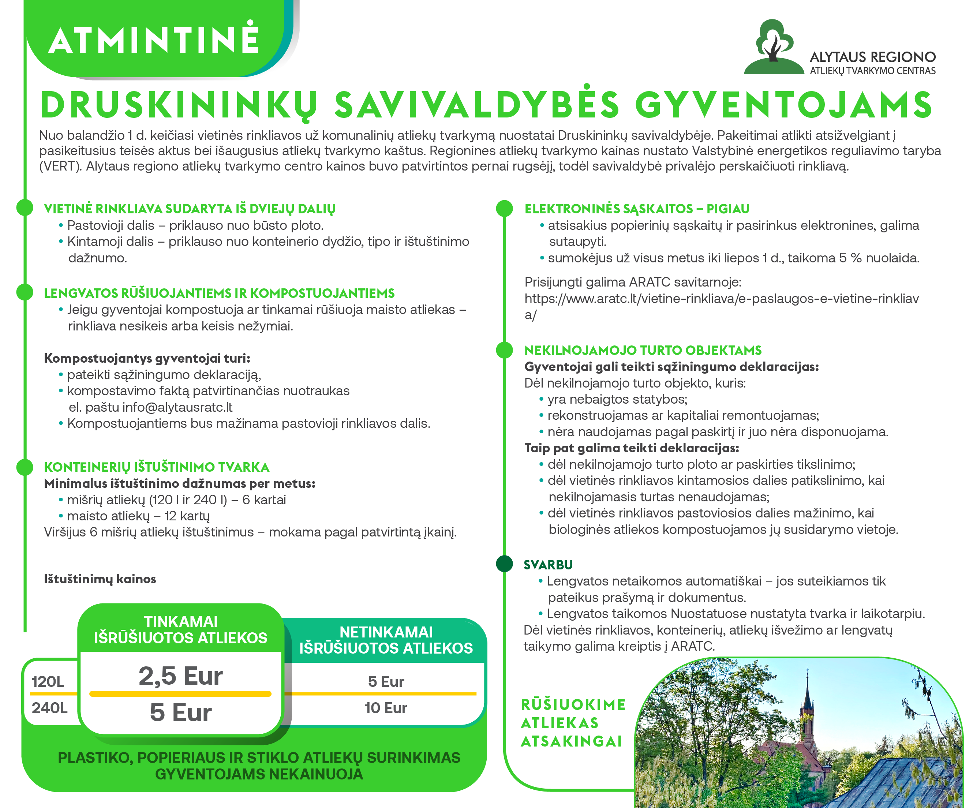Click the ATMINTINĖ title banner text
click(x=153, y=40)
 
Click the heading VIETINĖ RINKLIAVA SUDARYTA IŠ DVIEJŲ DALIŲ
click(x=190, y=209)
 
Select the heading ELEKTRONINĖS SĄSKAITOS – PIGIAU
click(x=637, y=209)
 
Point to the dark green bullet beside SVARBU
click(x=504, y=564)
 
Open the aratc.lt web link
click(x=721, y=299)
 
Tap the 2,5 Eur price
click(x=181, y=676)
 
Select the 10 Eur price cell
click(x=385, y=708)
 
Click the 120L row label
click(x=48, y=681)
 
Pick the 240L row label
click(x=49, y=708)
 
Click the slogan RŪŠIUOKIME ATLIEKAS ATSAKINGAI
click(x=573, y=723)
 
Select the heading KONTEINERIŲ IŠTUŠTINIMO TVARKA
click(x=157, y=467)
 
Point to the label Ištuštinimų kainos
click(x=100, y=579)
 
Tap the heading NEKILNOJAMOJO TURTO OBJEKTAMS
click(x=643, y=351)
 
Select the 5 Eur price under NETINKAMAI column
click(x=385, y=681)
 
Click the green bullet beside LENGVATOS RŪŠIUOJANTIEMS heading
click(x=25, y=292)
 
